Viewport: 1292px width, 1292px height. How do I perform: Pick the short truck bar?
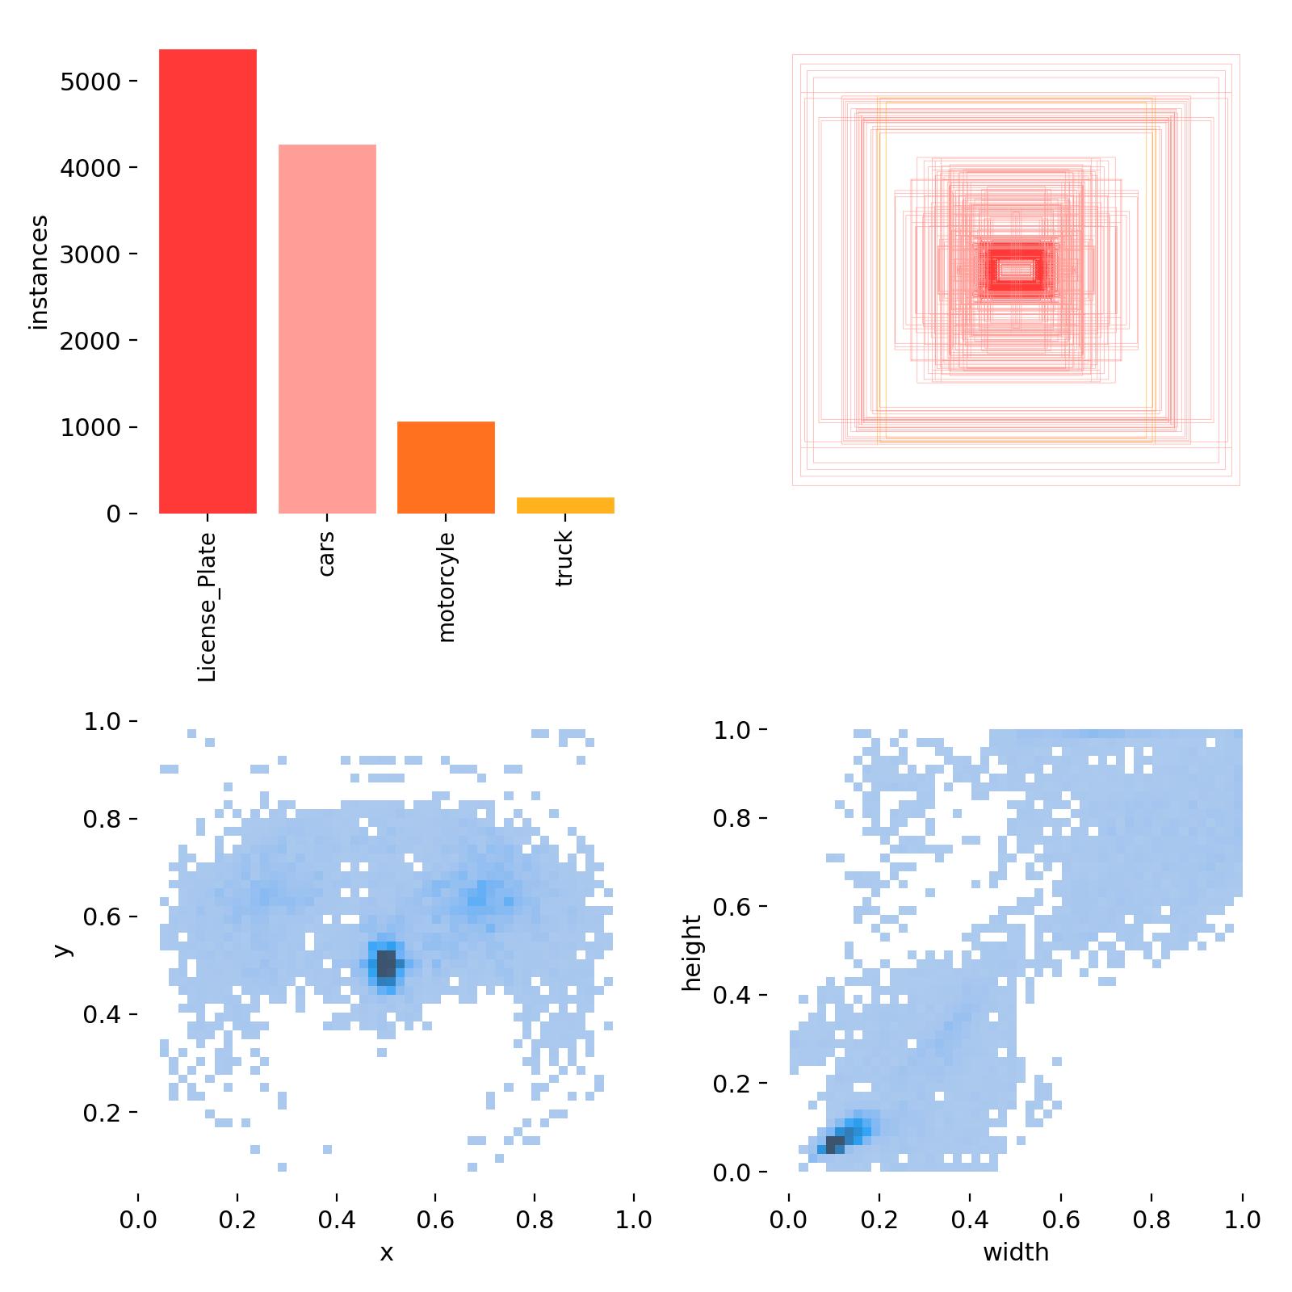click(565, 505)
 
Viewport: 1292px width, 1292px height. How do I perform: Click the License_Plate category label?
click(208, 606)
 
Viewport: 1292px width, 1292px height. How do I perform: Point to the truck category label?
click(565, 558)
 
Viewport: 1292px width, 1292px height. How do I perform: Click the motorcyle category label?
click(446, 587)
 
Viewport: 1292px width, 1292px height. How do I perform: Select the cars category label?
click(327, 553)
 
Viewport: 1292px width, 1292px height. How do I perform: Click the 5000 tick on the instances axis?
click(90, 82)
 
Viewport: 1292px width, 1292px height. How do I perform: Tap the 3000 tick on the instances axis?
click(90, 254)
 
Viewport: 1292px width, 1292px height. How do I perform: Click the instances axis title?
click(38, 272)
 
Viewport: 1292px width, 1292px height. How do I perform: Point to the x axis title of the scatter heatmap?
click(386, 1252)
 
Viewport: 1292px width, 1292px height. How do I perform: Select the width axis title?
click(1015, 1252)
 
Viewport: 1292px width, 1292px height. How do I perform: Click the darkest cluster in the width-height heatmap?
click(835, 1144)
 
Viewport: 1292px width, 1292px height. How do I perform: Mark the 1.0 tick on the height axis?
click(732, 731)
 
